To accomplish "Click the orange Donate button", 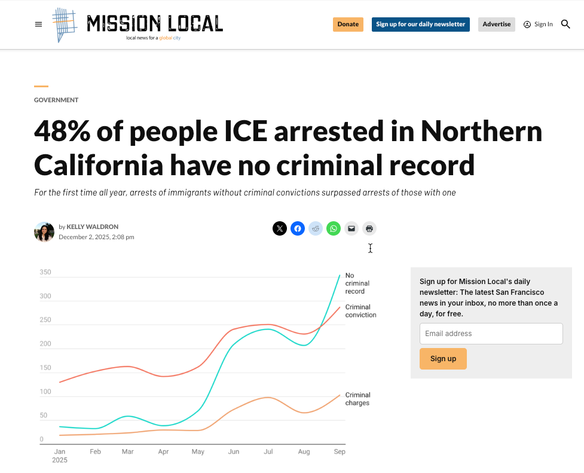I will coord(348,25).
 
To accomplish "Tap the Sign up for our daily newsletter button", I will coord(420,25).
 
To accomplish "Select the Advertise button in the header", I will coord(496,25).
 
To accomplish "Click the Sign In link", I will coord(539,25).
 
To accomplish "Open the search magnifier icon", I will coord(565,25).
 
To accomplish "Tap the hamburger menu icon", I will coord(39,25).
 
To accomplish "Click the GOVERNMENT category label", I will coord(56,100).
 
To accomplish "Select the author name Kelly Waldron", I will coord(92,227).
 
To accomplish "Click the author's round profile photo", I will coord(44,232).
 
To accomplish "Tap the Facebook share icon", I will coord(298,228).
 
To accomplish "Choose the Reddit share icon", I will coord(316,228).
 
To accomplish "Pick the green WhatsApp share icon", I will coord(334,228).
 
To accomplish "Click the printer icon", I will coord(369,228).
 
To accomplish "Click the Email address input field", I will coord(491,334).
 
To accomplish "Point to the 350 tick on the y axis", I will coord(45,273).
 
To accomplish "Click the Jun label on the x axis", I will coord(234,452).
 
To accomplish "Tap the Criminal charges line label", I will coord(357,399).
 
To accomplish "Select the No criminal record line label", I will coord(357,283).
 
